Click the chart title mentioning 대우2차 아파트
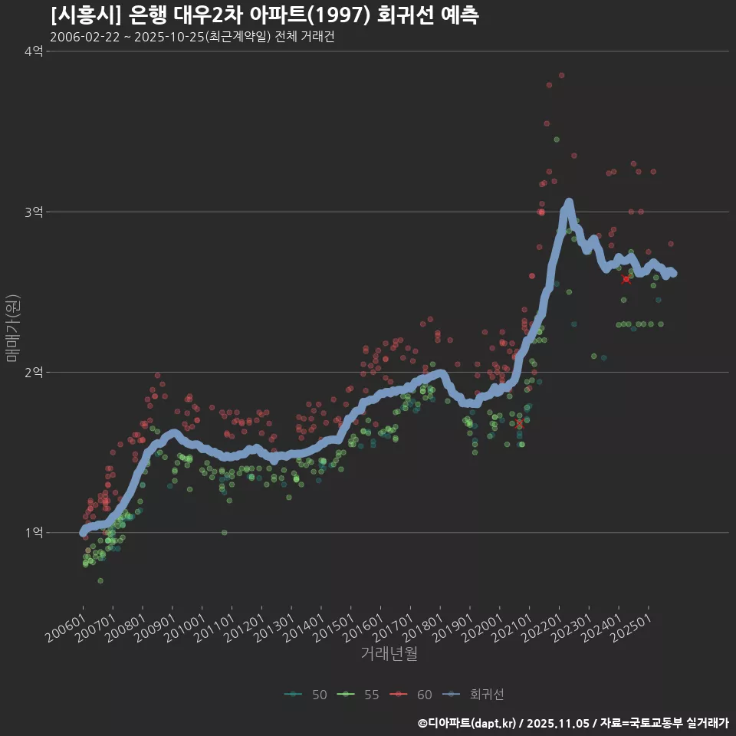click(264, 15)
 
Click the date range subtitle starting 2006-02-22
click(192, 37)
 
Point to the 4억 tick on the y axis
click(33, 51)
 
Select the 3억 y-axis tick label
click(33, 212)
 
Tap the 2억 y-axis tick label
click(33, 372)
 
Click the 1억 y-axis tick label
click(33, 532)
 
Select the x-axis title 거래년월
click(389, 653)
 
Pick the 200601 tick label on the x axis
click(65, 621)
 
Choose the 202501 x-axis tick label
click(631, 621)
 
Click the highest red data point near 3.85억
click(561, 75)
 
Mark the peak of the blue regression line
click(569, 202)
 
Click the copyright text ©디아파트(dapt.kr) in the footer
click(468, 723)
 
